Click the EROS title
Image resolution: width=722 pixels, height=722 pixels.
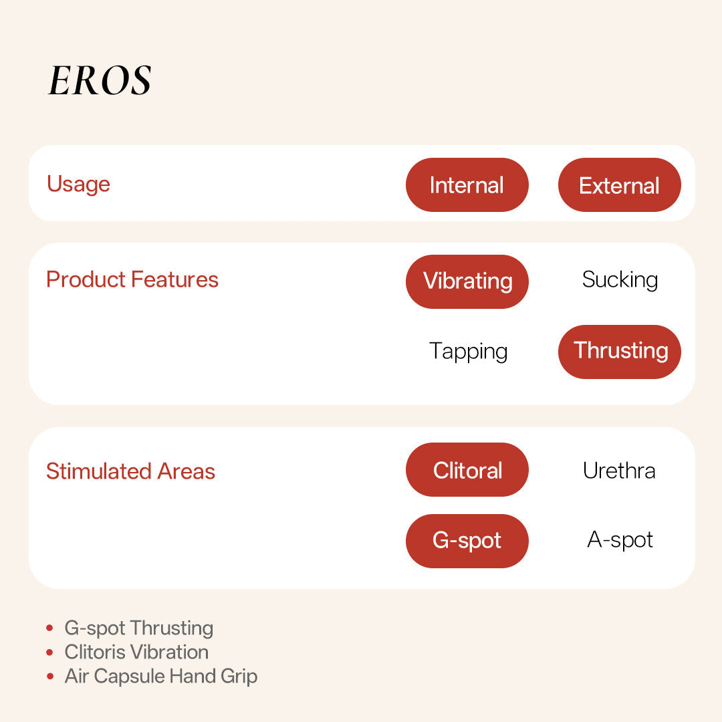[x=100, y=81]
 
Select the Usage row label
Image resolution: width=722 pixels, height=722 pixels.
[x=78, y=184]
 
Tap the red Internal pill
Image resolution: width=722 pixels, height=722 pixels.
[x=467, y=185]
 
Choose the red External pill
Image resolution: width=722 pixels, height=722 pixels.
[x=619, y=185]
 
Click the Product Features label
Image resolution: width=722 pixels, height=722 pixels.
[x=132, y=279]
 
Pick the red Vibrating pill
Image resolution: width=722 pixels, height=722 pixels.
[x=467, y=281]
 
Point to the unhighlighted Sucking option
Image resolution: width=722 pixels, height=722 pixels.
[x=620, y=280]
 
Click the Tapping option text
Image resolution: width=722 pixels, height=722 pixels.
[x=468, y=351]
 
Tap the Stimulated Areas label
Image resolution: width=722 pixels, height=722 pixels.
[x=130, y=471]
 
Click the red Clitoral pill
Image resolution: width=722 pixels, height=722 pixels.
[x=467, y=470]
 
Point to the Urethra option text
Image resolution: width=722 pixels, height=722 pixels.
[x=619, y=471]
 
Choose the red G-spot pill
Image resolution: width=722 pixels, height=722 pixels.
[x=467, y=541]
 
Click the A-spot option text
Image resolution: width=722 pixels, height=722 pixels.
[x=620, y=540]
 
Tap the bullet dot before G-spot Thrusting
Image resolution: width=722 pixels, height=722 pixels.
[x=49, y=628]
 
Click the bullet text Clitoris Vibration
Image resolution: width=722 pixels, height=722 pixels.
[x=136, y=652]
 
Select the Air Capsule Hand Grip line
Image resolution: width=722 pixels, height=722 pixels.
[x=160, y=676]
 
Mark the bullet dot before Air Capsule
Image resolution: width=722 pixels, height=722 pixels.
[x=49, y=677]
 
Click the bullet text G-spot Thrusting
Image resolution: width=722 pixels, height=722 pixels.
[x=139, y=628]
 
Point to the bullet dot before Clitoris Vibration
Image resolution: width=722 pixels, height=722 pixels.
[x=49, y=652]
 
